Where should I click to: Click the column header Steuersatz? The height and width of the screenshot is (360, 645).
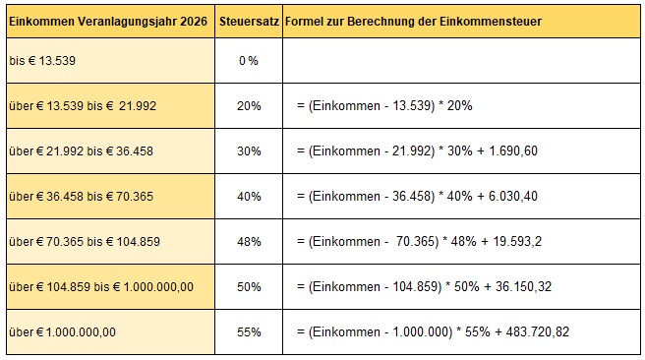click(247, 21)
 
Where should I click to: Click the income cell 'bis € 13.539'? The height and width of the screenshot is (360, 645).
click(41, 61)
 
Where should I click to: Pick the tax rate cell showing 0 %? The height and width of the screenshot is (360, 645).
click(248, 61)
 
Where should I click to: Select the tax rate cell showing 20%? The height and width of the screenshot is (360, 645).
click(248, 105)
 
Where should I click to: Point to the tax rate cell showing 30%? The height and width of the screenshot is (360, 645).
click(248, 150)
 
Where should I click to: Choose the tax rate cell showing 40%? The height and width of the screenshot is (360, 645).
click(248, 196)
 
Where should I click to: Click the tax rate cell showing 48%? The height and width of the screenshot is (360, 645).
click(248, 241)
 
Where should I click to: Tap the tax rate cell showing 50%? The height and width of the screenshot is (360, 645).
click(248, 286)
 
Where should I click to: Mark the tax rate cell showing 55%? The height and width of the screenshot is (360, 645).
click(248, 331)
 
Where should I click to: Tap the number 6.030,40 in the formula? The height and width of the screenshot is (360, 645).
click(513, 196)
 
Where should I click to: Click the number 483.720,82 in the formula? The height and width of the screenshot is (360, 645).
click(535, 331)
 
